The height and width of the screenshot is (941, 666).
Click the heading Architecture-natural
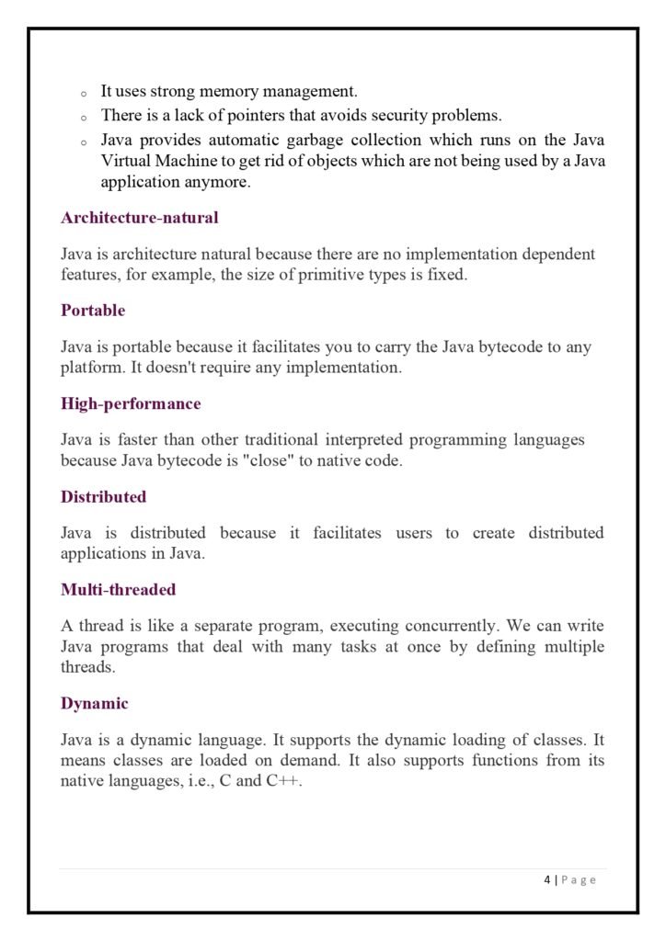click(x=139, y=218)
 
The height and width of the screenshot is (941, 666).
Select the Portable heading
click(x=93, y=311)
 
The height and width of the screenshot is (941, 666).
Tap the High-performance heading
click(x=131, y=403)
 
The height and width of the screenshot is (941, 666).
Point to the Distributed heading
click(x=104, y=496)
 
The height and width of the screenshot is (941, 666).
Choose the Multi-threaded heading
click(x=118, y=589)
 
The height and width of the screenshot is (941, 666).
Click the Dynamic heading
click(x=95, y=703)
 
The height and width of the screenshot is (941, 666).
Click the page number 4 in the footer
click(x=546, y=879)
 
